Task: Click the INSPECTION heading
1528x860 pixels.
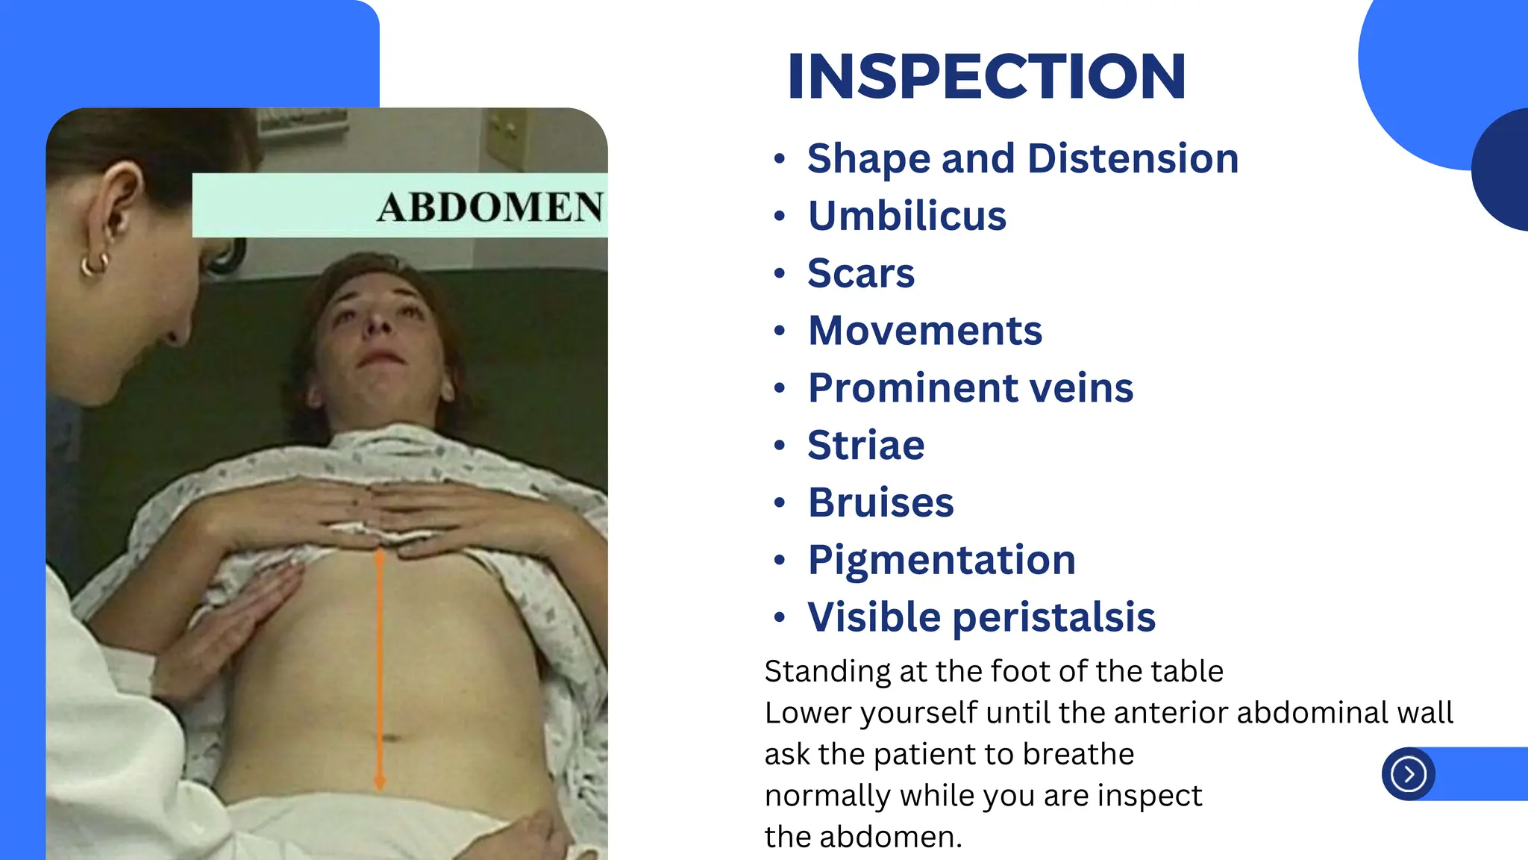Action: (x=986, y=76)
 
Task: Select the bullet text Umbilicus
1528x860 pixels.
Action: (x=907, y=216)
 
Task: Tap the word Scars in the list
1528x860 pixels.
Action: (x=861, y=273)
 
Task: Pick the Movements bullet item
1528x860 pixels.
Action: (x=925, y=331)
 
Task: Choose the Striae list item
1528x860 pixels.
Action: (x=866, y=446)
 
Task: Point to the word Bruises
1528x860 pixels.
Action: (x=881, y=502)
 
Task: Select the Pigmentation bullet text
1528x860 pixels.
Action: (x=942, y=560)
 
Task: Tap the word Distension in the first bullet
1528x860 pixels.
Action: (x=1133, y=159)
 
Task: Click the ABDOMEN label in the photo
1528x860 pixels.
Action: (x=489, y=207)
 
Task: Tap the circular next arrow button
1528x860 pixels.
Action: (x=1408, y=774)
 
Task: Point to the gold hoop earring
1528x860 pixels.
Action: (x=95, y=264)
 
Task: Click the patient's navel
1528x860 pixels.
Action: (x=391, y=738)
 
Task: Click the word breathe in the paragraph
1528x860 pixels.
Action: (x=1078, y=755)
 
